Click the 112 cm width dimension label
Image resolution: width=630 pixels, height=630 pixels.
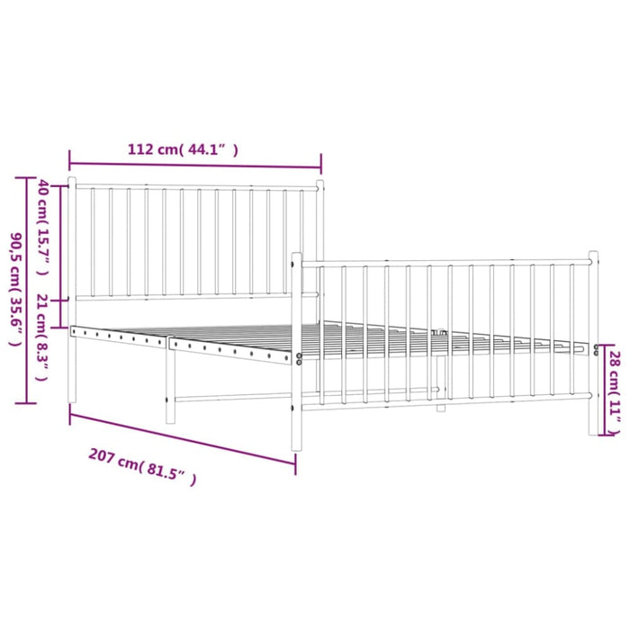(183, 150)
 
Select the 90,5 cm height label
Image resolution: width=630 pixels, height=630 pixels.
(15, 290)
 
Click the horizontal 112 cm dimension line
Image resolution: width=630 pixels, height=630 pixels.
(194, 166)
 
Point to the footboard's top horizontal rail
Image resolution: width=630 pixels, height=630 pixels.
(445, 263)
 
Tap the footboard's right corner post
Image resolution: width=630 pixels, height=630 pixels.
(593, 342)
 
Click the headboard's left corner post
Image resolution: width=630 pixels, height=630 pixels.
(73, 288)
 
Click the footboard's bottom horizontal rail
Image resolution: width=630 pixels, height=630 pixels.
(445, 401)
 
